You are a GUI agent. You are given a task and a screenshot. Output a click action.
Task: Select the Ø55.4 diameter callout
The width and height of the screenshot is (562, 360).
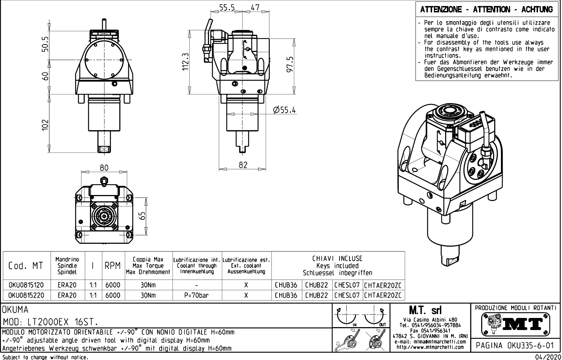click(284, 110)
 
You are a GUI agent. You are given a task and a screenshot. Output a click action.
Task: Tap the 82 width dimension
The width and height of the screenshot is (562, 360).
click(243, 165)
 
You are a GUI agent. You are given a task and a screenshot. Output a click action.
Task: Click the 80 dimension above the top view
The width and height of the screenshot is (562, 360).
click(104, 167)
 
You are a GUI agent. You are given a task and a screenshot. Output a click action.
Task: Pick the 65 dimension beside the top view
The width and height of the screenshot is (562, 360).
click(142, 215)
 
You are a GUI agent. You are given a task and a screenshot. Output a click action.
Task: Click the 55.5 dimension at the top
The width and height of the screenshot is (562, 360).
click(227, 7)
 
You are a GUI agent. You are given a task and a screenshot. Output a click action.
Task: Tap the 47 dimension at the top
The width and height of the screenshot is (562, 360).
click(255, 7)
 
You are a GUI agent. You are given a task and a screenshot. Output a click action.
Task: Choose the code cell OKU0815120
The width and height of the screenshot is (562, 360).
click(26, 285)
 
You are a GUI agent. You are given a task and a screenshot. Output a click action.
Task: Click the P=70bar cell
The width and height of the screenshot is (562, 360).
click(196, 295)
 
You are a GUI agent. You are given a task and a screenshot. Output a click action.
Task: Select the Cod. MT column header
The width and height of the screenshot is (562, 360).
click(26, 266)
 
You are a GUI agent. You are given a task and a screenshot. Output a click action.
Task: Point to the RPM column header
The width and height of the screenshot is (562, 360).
click(113, 266)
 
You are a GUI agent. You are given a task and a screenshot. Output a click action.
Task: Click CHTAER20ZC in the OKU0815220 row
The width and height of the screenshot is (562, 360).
click(383, 295)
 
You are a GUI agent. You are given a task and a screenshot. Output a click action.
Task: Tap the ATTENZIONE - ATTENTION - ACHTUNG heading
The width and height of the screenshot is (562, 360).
click(486, 10)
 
